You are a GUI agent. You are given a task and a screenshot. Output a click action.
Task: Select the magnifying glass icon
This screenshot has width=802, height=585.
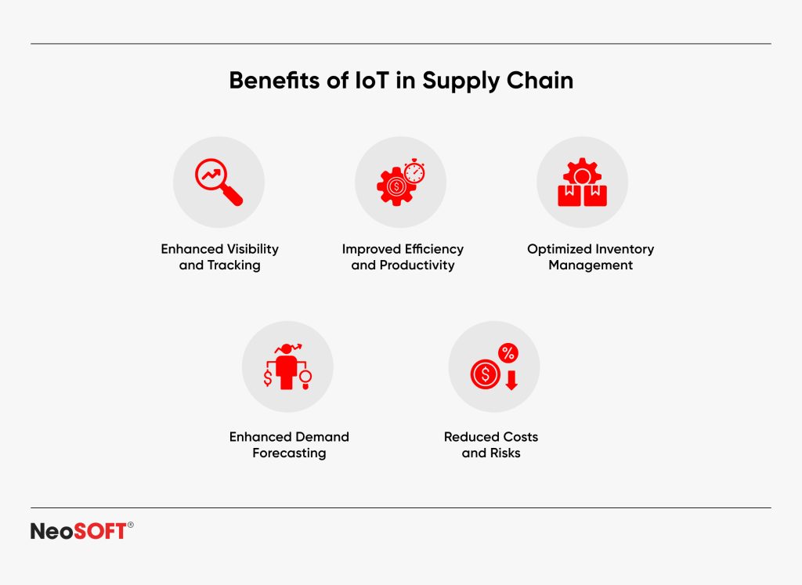[219, 182]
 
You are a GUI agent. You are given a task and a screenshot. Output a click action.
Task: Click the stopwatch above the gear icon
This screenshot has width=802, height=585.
[414, 170]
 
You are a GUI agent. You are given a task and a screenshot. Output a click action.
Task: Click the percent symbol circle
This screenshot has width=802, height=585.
[508, 353]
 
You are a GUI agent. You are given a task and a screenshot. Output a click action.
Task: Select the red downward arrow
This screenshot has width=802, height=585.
[511, 381]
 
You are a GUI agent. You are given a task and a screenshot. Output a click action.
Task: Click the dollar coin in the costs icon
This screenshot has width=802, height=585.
[486, 374]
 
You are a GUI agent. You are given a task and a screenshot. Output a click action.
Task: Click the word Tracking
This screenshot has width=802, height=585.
[233, 265]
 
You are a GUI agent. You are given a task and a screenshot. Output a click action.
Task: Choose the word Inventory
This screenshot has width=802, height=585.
[623, 249]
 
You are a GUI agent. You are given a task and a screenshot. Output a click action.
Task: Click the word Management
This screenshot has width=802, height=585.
[591, 265]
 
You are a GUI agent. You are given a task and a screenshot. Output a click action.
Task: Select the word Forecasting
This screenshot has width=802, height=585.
[289, 453]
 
